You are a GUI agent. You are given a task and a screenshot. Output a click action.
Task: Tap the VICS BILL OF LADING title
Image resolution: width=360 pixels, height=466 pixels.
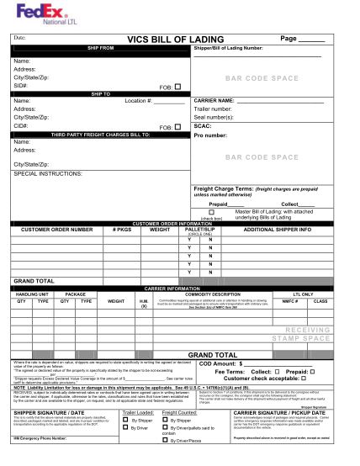click(175, 40)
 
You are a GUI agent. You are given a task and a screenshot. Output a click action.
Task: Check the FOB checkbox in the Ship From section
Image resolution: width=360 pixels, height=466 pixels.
click(177, 86)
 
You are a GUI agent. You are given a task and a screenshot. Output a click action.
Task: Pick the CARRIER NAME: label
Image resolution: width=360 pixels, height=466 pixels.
click(214, 101)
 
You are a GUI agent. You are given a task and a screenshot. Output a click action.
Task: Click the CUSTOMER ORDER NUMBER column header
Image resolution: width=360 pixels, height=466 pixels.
click(56, 229)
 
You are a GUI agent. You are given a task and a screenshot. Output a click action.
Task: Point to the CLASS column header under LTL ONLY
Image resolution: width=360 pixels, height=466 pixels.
click(320, 299)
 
